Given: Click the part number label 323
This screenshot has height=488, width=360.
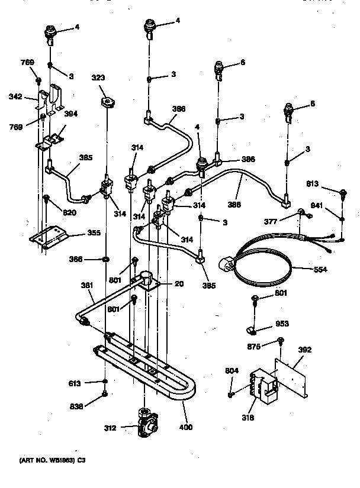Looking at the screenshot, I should tap(99, 77).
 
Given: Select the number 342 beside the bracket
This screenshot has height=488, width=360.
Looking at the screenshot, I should tap(16, 96).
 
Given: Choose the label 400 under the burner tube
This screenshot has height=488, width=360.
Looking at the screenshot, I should tap(187, 426).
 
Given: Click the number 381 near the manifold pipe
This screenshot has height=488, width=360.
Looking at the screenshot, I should tap(87, 285).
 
